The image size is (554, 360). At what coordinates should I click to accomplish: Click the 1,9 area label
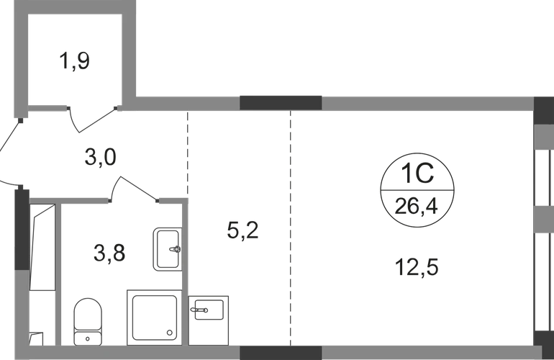(x=75, y=60)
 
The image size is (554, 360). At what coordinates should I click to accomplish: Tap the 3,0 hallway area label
(x=100, y=157)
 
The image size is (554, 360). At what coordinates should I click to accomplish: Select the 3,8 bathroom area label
(x=109, y=253)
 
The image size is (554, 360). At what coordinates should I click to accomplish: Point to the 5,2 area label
(x=242, y=230)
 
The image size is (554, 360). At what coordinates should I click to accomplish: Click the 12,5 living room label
(x=417, y=266)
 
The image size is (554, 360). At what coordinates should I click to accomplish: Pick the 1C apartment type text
(x=417, y=174)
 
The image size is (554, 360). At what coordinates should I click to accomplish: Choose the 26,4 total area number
(x=416, y=206)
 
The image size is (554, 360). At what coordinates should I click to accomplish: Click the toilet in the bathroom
(x=88, y=321)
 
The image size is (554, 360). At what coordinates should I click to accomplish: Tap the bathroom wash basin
(x=168, y=249)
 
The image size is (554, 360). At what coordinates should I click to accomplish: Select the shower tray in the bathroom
(x=155, y=318)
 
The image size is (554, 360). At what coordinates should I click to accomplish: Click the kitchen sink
(x=209, y=320)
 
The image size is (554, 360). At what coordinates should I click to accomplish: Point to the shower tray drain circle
(x=170, y=333)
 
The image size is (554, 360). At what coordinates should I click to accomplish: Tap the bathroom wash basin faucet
(x=175, y=249)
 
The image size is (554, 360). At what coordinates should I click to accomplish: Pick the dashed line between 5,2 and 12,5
(x=291, y=228)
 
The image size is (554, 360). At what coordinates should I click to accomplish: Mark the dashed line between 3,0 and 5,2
(x=188, y=155)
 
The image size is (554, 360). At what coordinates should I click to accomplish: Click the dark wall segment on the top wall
(x=281, y=103)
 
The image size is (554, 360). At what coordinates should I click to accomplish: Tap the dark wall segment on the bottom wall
(x=281, y=353)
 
